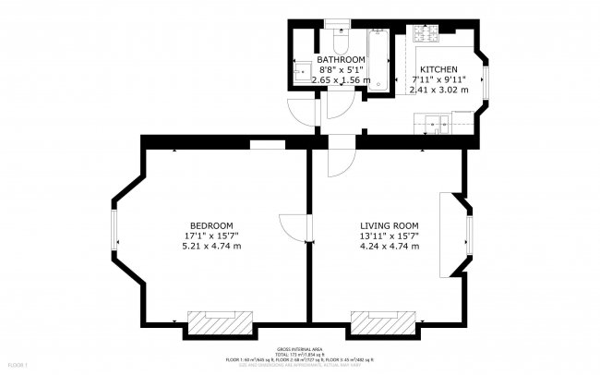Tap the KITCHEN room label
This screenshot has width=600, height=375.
point(439,70)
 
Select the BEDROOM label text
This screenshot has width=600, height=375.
point(211,226)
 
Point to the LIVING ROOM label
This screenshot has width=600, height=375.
point(390,226)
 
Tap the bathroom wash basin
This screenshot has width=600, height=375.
point(302,72)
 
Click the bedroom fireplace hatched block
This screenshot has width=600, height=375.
point(219,321)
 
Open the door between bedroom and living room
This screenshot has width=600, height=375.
point(294,226)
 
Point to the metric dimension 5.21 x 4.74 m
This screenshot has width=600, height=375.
point(211,247)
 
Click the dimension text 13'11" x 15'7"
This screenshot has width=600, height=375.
point(390,236)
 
